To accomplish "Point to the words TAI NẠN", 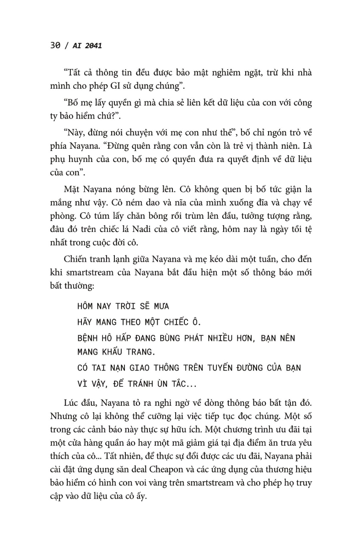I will pos(113,368).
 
